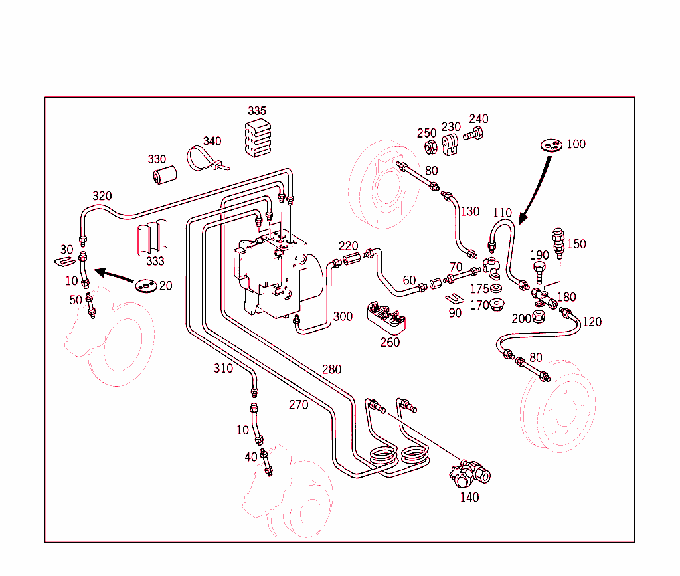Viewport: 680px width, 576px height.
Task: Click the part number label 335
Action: (257, 110)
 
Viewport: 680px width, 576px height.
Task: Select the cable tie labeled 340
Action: (201, 159)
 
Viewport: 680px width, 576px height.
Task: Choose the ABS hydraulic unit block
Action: (272, 272)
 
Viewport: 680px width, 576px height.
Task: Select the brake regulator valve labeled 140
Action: (469, 472)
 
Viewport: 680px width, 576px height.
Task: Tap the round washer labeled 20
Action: (146, 286)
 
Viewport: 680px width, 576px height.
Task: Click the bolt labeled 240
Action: (473, 135)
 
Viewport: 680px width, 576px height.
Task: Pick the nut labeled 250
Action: (428, 145)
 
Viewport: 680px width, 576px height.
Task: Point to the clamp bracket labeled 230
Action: (452, 145)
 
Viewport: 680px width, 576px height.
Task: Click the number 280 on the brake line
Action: (331, 369)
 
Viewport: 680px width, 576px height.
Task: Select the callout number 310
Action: (223, 368)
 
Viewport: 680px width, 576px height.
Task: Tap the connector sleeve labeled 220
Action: (350, 257)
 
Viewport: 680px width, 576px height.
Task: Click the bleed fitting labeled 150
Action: (558, 243)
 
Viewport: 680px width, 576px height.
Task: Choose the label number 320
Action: (102, 196)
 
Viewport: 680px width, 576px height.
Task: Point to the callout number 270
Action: (298, 405)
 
